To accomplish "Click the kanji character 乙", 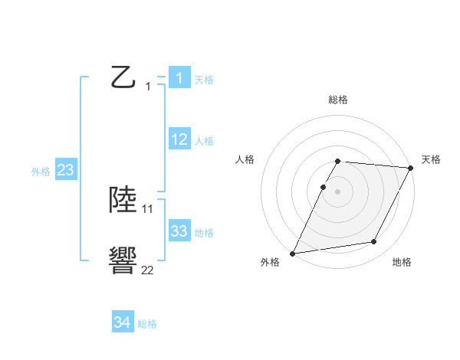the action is coord(123,77).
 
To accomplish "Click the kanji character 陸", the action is coord(123,199).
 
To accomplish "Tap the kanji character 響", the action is coord(123,260).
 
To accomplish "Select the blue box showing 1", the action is coord(179,78).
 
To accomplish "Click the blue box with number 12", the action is coord(179,139).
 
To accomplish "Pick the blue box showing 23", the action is coord(65,170).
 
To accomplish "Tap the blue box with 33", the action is coord(179,231).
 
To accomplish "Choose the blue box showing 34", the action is coord(122,323).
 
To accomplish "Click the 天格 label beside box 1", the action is coord(204,79).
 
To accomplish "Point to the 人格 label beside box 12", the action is coord(204,141).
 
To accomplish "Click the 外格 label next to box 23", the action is coord(41,172).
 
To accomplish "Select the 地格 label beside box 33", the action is coord(204,233).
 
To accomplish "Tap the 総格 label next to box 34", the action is coord(147,324).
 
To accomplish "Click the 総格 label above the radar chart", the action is coord(338,100).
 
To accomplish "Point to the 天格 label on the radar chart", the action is coord(431,159).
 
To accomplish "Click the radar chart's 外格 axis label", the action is coord(270,262).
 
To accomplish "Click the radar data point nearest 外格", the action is coord(293,254).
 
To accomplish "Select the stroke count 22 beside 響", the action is coord(147,270).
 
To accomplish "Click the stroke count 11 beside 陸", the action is coord(148,208).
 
